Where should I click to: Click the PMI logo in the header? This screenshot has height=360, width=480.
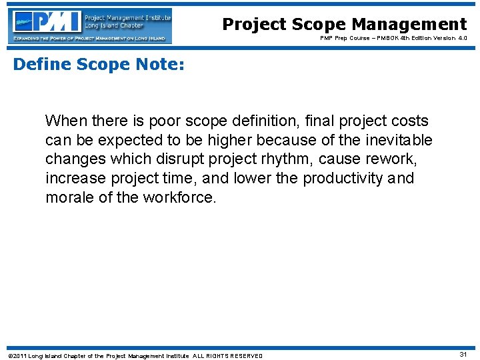tap(91, 25)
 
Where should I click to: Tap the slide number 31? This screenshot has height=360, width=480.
tap(463, 355)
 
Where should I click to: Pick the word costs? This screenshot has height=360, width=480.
tap(411, 121)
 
